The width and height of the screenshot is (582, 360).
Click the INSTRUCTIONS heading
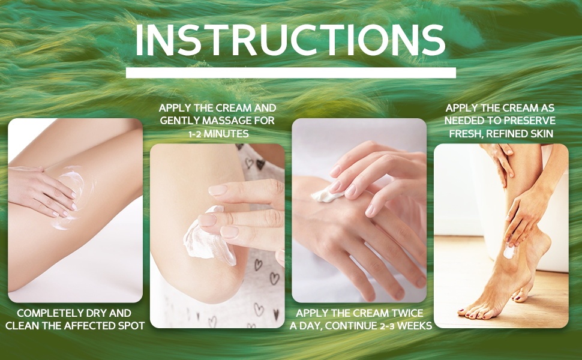coord(290,40)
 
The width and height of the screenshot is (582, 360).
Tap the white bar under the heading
coord(290,73)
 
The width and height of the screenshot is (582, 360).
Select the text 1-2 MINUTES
coord(218,134)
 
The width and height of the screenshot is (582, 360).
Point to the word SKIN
coord(541,134)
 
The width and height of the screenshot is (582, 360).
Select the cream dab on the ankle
coord(509,252)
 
